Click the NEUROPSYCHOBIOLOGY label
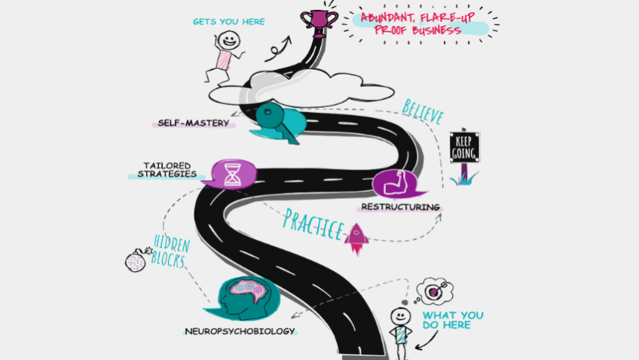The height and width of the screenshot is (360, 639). pyautogui.click(x=240, y=331)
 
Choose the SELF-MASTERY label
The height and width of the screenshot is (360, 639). pyautogui.click(x=193, y=123)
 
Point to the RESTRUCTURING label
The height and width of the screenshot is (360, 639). pyautogui.click(x=399, y=206)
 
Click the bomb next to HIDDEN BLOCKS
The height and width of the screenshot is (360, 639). pyautogui.click(x=135, y=260)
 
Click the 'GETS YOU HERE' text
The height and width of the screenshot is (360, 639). pyautogui.click(x=229, y=21)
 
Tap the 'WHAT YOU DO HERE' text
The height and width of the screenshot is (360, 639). pyautogui.click(x=453, y=320)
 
